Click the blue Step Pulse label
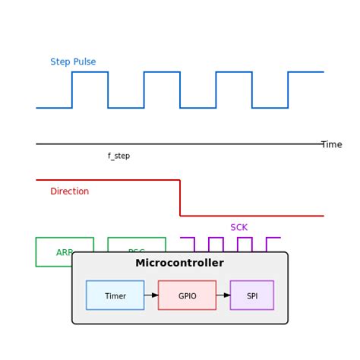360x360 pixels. pos(73,62)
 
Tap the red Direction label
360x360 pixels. pos(69,191)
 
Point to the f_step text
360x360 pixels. pos(118,156)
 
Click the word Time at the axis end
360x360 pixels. pos(331,144)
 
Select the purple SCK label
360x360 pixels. pos(238,227)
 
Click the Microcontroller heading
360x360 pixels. pos(179,263)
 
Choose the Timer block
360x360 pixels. pos(115,295)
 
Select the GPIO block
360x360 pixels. pos(187,295)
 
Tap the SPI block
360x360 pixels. pos(251,295)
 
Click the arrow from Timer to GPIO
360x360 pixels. pos(151,295)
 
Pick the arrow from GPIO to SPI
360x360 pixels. pos(223,295)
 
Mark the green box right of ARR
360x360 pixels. pos(137,245)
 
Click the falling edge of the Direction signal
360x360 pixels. pos(180,198)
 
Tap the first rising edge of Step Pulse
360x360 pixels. pos(72,90)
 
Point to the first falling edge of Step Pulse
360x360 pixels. pos(108,90)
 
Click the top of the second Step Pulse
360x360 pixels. pos(162,72)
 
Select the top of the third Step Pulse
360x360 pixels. pos(234,72)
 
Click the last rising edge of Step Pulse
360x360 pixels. pos(288,90)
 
